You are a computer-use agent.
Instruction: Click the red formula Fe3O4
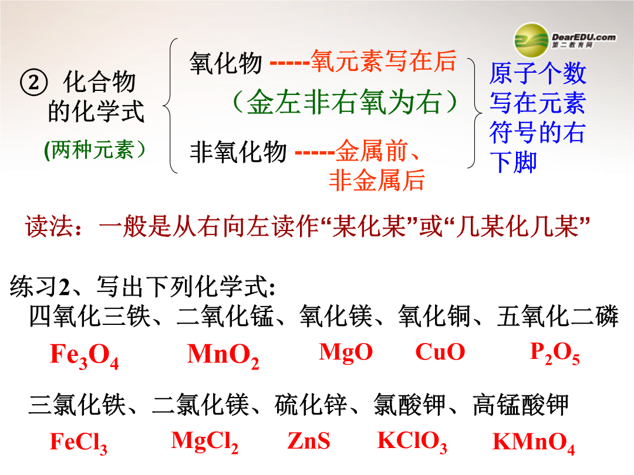[84, 356]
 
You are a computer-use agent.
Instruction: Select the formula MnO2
[223, 356]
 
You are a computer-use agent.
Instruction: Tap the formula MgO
[346, 352]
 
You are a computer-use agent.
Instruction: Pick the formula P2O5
[555, 353]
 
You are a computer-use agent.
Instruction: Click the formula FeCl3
[79, 443]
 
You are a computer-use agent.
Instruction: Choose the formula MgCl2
[205, 442]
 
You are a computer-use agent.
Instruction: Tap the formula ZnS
[309, 440]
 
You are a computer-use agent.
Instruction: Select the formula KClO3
[412, 442]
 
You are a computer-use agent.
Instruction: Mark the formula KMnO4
[533, 443]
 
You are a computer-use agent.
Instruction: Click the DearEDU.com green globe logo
[531, 40]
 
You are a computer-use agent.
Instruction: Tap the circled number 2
[34, 82]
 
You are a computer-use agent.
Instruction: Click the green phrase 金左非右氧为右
[344, 102]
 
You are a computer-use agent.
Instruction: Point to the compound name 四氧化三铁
[90, 316]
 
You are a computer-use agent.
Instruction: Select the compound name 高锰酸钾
[521, 405]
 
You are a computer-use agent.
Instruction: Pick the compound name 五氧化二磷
[558, 316]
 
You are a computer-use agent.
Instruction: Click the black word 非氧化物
[238, 152]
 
